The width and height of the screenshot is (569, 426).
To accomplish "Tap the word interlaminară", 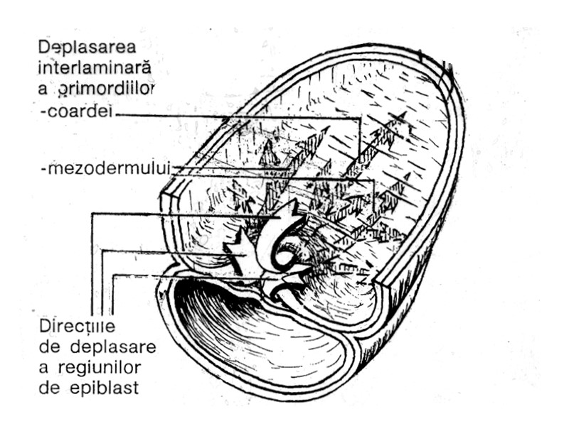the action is click(96, 67).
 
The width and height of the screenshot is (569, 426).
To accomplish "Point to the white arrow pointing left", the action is click(238, 253).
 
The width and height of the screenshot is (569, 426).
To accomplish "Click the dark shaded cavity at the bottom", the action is click(228, 319).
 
